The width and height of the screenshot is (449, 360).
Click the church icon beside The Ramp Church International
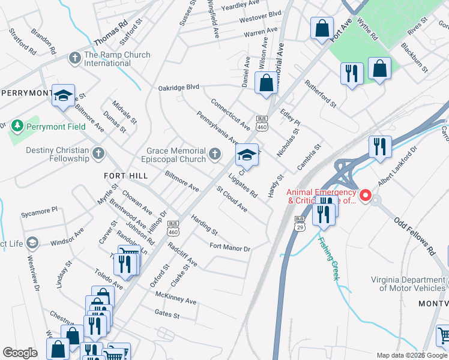coord(75,58)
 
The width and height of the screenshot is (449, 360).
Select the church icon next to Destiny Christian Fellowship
coord(99,154)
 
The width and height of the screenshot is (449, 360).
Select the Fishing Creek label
coord(329,258)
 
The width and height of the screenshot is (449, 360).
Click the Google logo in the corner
coord(20,353)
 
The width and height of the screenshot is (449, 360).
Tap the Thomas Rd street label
coord(111,35)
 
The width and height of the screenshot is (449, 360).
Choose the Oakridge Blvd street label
coord(178,88)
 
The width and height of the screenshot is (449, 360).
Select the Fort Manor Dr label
coord(229,247)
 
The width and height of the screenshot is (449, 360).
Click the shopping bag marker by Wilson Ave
coord(266,83)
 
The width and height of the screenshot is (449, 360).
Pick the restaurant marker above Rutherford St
coord(352,73)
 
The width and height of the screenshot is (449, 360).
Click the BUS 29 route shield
coord(299,223)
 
